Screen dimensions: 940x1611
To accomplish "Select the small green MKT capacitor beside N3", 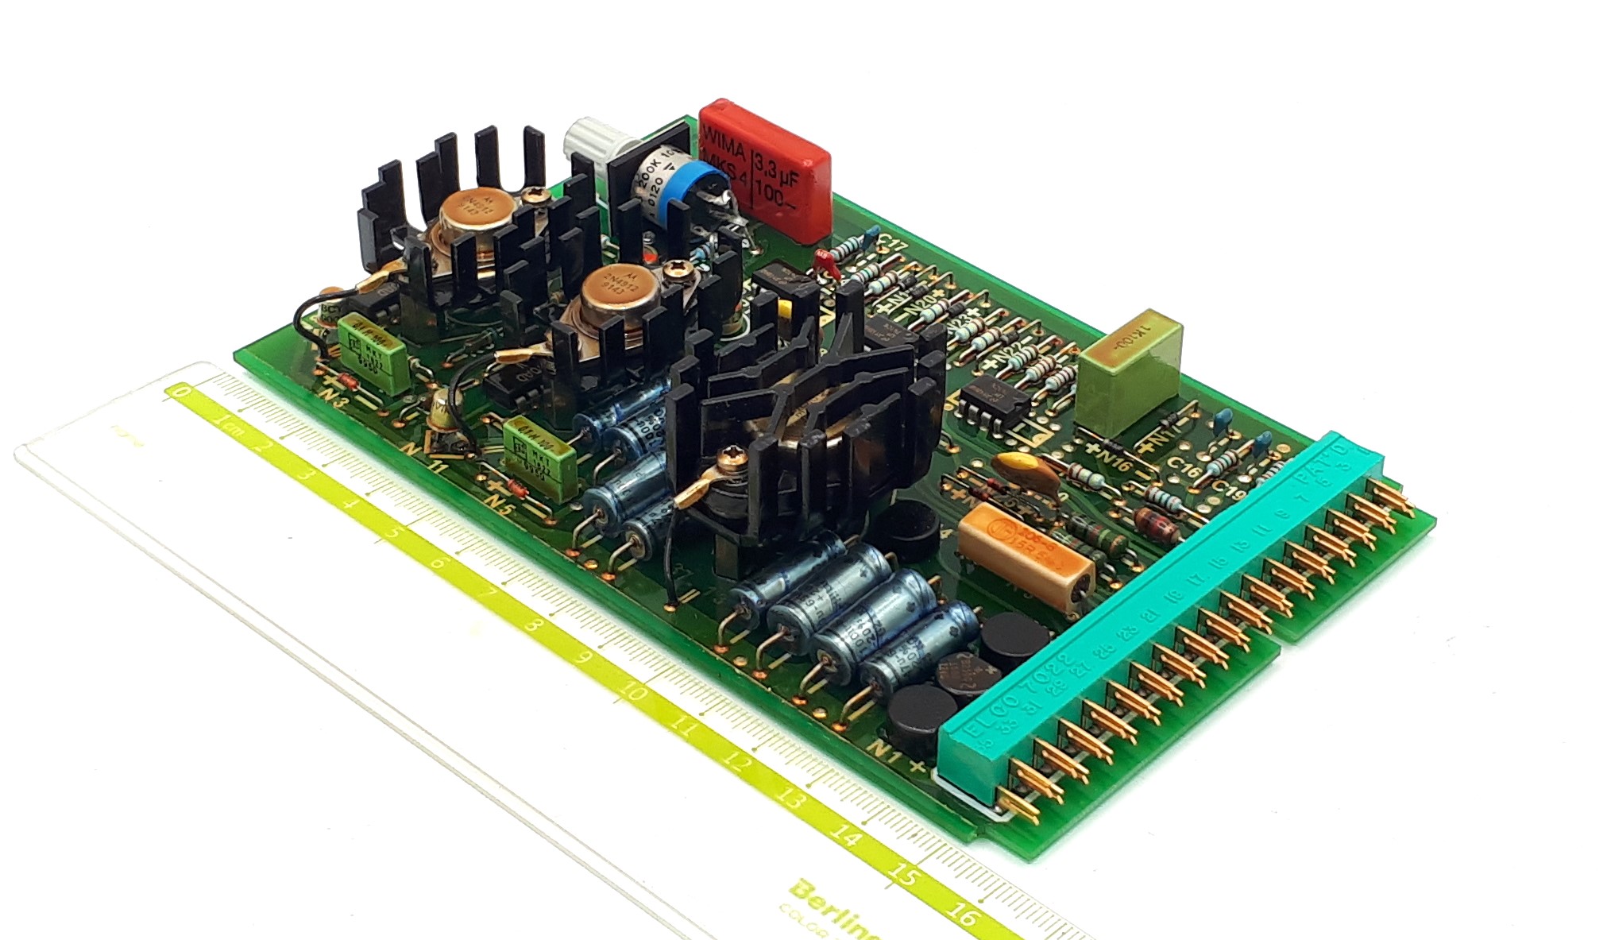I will point(373,343).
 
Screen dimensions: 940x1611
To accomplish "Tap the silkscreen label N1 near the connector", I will point(886,751).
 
